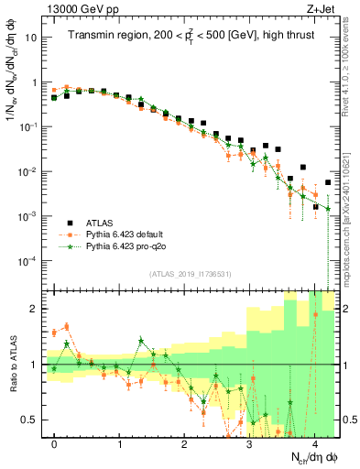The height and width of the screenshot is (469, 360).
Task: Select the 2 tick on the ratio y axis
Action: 35,309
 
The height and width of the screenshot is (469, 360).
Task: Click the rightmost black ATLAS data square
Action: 328,183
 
